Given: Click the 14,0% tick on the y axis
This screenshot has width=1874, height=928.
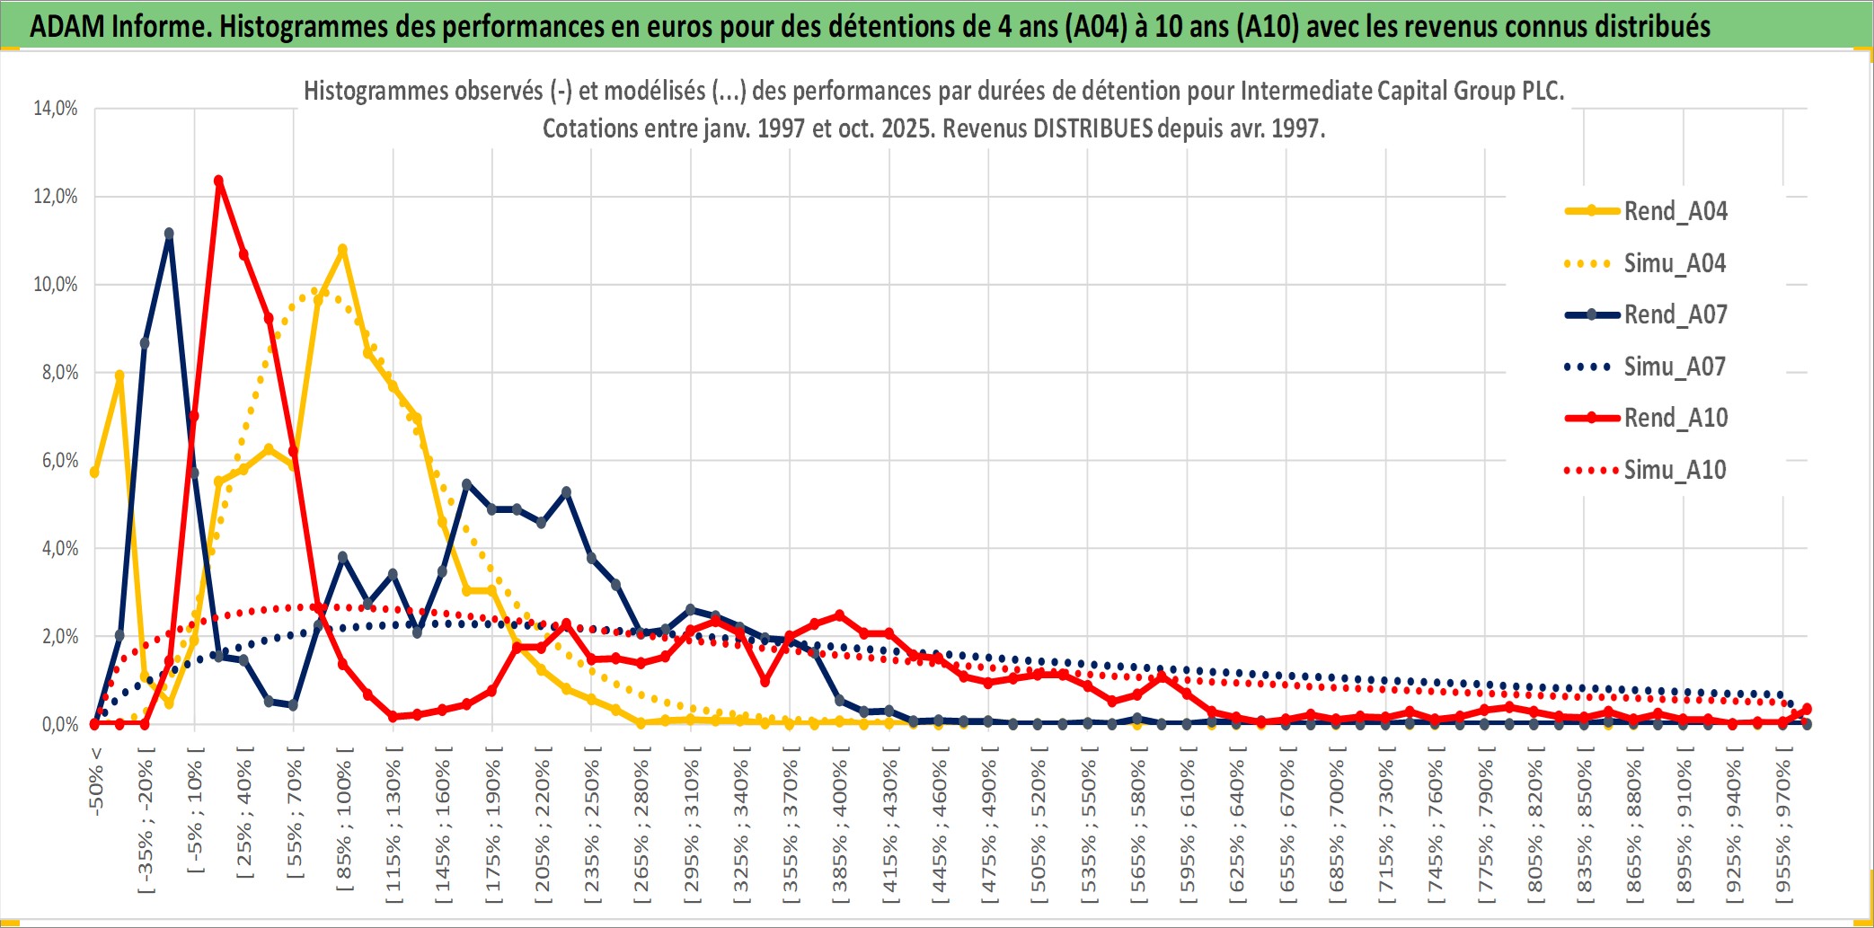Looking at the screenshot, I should (56, 109).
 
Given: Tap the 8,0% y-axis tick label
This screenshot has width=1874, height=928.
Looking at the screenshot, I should (59, 373).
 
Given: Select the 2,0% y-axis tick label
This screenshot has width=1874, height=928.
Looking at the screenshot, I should (59, 637).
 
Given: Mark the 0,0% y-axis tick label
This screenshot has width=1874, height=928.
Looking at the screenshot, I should (59, 725).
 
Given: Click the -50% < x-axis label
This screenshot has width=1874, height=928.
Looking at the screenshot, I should (97, 782).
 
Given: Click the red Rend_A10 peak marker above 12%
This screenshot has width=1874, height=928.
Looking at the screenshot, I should (218, 181).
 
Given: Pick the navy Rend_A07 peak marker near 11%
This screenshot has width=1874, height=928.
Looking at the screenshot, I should (169, 234).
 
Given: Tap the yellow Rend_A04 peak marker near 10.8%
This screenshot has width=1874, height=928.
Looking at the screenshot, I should (342, 249).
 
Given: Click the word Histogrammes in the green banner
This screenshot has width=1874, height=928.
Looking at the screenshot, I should (282, 27).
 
